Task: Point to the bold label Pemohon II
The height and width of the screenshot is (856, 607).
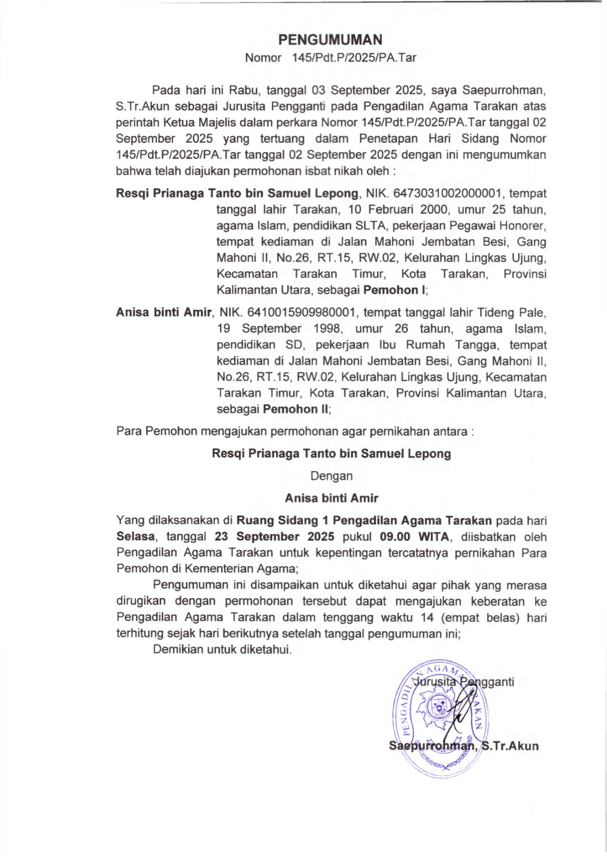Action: tap(296, 409)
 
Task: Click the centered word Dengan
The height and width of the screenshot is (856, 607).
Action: tap(332, 476)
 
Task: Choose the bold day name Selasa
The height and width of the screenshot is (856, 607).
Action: tap(136, 536)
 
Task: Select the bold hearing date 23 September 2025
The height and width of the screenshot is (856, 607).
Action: tap(275, 536)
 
